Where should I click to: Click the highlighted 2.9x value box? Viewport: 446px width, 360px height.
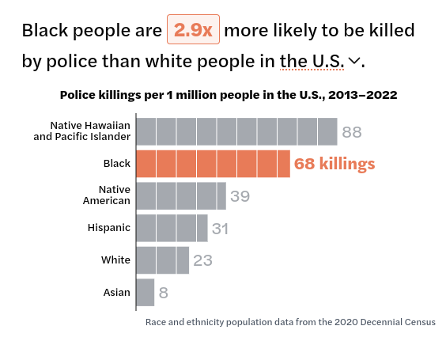[x=193, y=31]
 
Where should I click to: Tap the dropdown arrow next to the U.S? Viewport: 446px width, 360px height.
[x=353, y=61]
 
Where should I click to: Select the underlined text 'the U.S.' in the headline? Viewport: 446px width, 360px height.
[x=312, y=61]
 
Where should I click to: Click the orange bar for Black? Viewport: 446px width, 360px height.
[x=213, y=164]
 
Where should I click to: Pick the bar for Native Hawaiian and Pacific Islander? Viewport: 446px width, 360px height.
[x=236, y=131]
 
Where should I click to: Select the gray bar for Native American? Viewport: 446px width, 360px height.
[x=181, y=195]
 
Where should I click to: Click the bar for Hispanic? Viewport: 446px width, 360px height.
[x=172, y=228]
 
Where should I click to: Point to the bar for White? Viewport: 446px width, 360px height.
[x=163, y=260]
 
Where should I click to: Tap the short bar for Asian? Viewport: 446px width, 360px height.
[x=146, y=292]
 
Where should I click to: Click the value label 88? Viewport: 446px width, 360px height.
[x=352, y=132]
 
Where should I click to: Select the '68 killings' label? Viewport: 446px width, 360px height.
[x=334, y=164]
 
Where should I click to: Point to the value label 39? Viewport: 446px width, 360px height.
[x=240, y=196]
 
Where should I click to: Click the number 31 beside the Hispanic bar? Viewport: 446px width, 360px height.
[x=220, y=228]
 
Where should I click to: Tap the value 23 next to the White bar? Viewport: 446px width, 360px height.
[x=202, y=260]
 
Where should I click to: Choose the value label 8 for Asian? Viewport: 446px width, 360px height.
[x=164, y=293]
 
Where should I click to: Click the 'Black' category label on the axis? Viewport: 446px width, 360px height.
[x=117, y=164]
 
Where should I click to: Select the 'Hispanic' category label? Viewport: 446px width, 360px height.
[x=109, y=228]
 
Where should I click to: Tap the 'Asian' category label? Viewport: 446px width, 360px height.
[x=117, y=292]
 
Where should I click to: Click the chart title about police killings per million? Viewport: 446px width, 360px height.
[x=229, y=94]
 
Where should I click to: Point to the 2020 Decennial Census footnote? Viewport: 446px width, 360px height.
[x=290, y=322]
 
